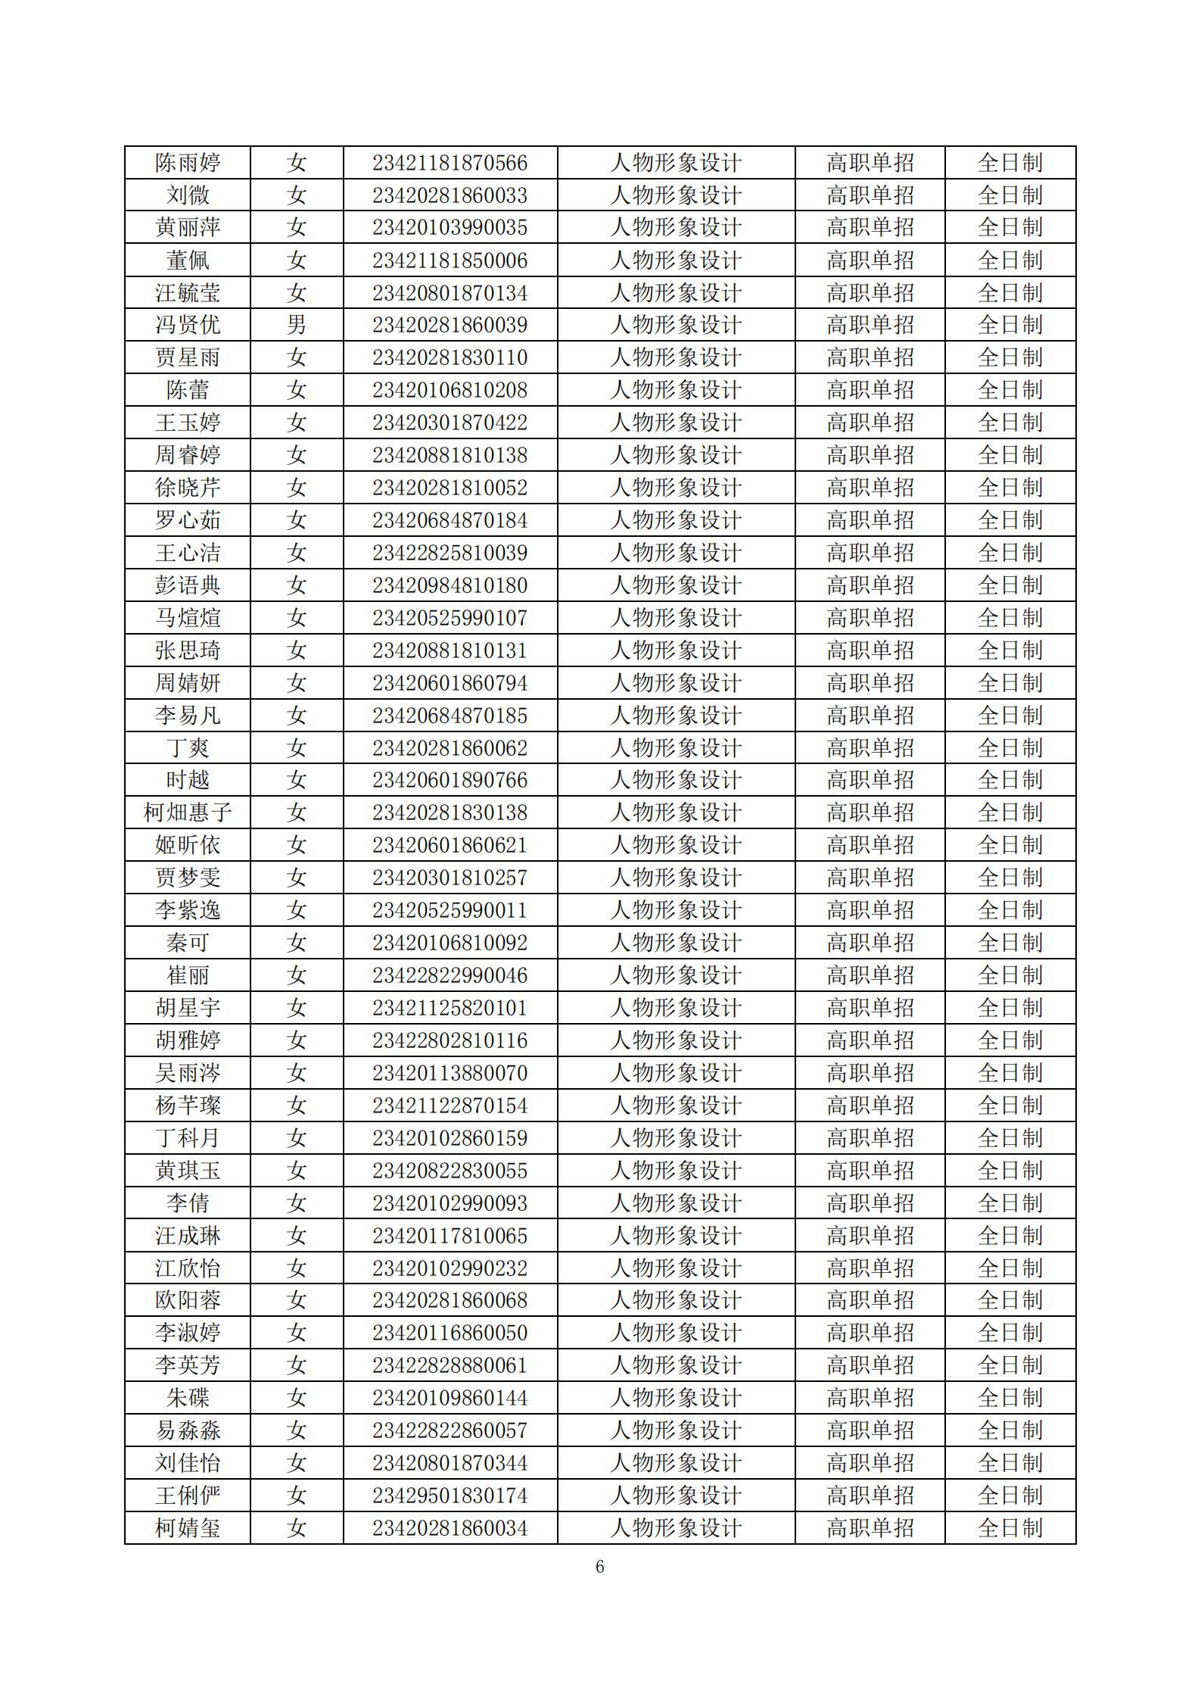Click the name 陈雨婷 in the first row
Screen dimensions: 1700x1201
(188, 163)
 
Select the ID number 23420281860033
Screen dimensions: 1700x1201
(450, 195)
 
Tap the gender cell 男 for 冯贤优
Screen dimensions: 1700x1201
(296, 325)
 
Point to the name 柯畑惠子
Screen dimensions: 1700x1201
(188, 813)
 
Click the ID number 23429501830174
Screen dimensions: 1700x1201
(450, 1496)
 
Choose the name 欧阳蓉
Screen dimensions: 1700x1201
(188, 1300)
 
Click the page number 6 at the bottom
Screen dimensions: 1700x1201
(600, 1567)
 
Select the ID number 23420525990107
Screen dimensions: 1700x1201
(450, 618)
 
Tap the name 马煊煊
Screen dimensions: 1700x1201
(188, 618)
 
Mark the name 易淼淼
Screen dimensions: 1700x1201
(188, 1430)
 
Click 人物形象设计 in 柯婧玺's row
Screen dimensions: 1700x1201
(676, 1528)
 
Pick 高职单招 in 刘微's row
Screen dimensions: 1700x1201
(870, 195)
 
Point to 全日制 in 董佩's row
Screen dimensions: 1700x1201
(1010, 260)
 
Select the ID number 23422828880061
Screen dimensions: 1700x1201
(450, 1365)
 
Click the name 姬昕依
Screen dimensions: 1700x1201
(188, 845)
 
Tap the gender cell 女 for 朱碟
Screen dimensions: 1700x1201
(296, 1398)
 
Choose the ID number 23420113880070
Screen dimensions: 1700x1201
(450, 1073)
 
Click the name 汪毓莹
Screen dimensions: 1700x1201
(188, 293)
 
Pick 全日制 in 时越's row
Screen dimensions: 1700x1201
(1010, 780)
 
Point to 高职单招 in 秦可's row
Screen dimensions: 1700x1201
(870, 943)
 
